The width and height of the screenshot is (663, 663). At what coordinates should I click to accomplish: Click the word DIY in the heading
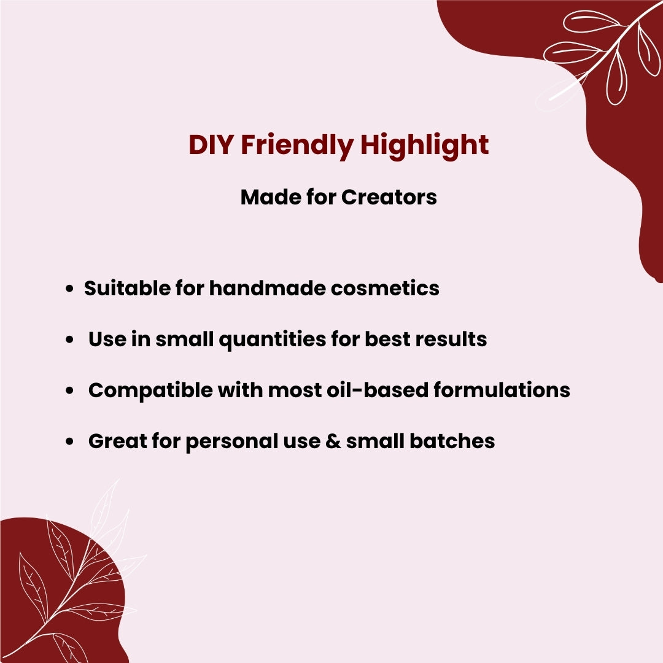pyautogui.click(x=211, y=145)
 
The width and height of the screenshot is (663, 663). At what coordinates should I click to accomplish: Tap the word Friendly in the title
pyautogui.click(x=296, y=145)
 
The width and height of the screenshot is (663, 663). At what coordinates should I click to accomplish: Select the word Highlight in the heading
pyautogui.click(x=424, y=145)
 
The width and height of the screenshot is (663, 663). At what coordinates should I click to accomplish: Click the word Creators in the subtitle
pyautogui.click(x=389, y=197)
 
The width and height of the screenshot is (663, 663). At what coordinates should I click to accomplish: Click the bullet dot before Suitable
pyautogui.click(x=71, y=289)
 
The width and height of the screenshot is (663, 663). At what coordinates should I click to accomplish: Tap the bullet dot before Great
pyautogui.click(x=71, y=441)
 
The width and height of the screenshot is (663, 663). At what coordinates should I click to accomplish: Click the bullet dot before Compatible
pyautogui.click(x=71, y=390)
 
